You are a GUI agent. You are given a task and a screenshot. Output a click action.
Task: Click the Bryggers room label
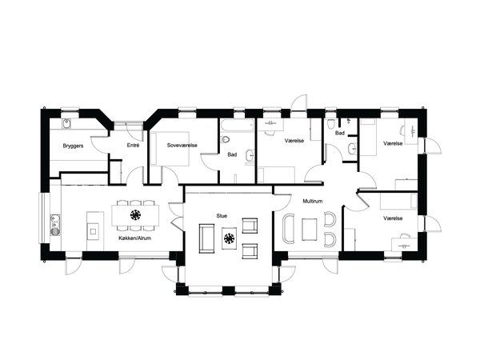coord(73,146)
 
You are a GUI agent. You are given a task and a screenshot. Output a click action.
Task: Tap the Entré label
coord(133,146)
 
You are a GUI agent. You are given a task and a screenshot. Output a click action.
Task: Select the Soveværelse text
coord(182,145)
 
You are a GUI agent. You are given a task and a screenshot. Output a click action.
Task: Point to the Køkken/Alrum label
coord(135,238)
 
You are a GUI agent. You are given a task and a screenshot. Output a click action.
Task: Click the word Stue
coord(222,216)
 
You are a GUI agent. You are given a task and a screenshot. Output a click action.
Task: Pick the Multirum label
coord(313,201)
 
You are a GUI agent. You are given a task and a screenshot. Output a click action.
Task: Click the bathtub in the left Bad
coord(238,126)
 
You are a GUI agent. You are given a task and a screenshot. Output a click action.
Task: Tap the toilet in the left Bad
coord(226,139)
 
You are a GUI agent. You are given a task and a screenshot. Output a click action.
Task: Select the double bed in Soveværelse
coord(170,149)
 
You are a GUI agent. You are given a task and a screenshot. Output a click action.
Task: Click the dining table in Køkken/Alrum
coord(135,215)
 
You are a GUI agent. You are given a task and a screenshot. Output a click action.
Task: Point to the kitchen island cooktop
coord(93,230)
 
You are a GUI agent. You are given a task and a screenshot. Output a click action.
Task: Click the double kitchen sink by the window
coord(55,225)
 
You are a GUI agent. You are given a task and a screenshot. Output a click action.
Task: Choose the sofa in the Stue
coord(206,238)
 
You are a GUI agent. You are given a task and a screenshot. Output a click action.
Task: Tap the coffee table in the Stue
coord(229,238)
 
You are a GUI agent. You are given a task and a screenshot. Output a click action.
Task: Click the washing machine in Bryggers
coord(66,124)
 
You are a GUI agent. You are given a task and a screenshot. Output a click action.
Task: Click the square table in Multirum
coord(310,230)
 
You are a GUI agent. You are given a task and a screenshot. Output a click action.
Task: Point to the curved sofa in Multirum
coord(289,229)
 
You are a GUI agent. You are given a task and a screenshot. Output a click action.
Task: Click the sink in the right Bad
coord(352,149)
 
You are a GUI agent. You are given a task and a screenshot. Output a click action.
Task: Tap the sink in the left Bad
coord(250,156)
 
